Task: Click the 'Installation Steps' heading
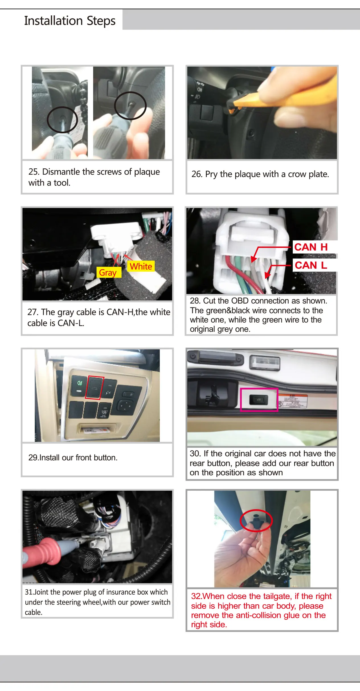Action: [x=70, y=21]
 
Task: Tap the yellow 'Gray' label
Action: [x=108, y=272]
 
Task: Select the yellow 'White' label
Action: [x=141, y=266]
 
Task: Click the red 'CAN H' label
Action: [x=311, y=247]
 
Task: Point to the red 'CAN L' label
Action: [x=311, y=265]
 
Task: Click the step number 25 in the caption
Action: [x=33, y=172]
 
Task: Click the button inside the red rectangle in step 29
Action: [x=95, y=388]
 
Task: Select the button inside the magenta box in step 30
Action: [x=259, y=400]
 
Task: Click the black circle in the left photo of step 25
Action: [x=62, y=120]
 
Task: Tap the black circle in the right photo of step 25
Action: [x=130, y=106]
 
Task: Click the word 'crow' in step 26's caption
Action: [x=296, y=174]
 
